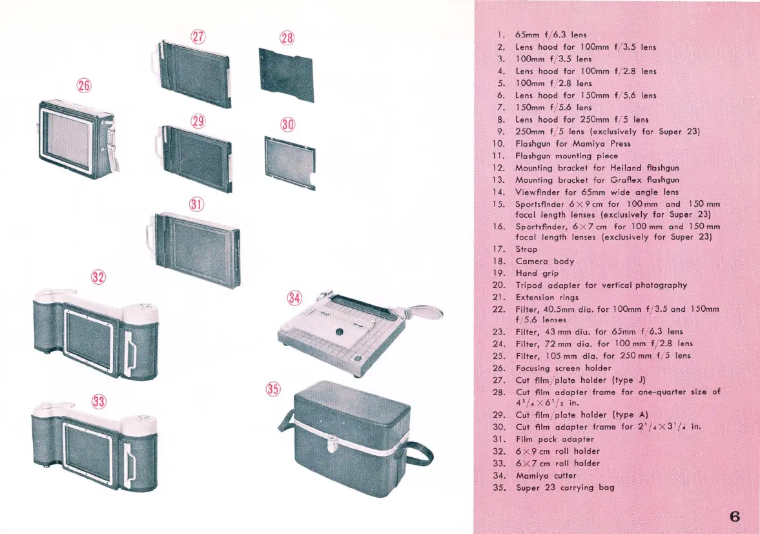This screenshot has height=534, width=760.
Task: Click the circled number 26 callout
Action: pos(84,85)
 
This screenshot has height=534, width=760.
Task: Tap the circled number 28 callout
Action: pos(286,37)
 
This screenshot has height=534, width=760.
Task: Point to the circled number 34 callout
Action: pos(294,298)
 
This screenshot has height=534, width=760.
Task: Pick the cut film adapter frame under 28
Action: pos(286,74)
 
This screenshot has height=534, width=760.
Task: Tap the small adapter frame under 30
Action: pos(290,161)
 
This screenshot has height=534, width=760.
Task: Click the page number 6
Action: pos(734,517)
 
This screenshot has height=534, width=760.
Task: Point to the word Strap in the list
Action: pos(526,249)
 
